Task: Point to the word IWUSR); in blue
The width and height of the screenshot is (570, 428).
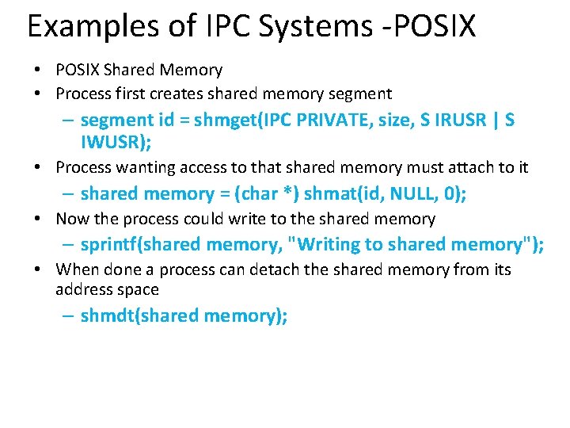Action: tap(116, 143)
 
